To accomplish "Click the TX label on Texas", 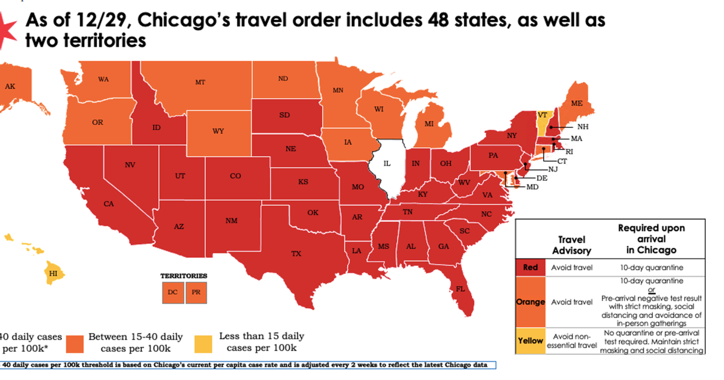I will [x=296, y=253].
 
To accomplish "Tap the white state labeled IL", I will [x=387, y=164].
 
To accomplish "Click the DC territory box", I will [x=173, y=293].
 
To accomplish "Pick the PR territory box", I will [x=196, y=293].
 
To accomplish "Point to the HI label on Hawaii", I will [x=53, y=273].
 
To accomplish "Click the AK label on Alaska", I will [x=10, y=86].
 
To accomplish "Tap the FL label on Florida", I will [x=460, y=289].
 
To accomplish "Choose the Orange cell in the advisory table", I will [x=530, y=302].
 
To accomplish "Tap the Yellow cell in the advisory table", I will [x=530, y=341].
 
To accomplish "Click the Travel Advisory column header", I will [x=572, y=245].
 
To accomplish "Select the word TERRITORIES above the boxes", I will [x=183, y=276].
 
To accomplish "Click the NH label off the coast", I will [x=582, y=127].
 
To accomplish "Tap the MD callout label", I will [x=532, y=187].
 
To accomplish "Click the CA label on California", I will [x=109, y=204].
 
